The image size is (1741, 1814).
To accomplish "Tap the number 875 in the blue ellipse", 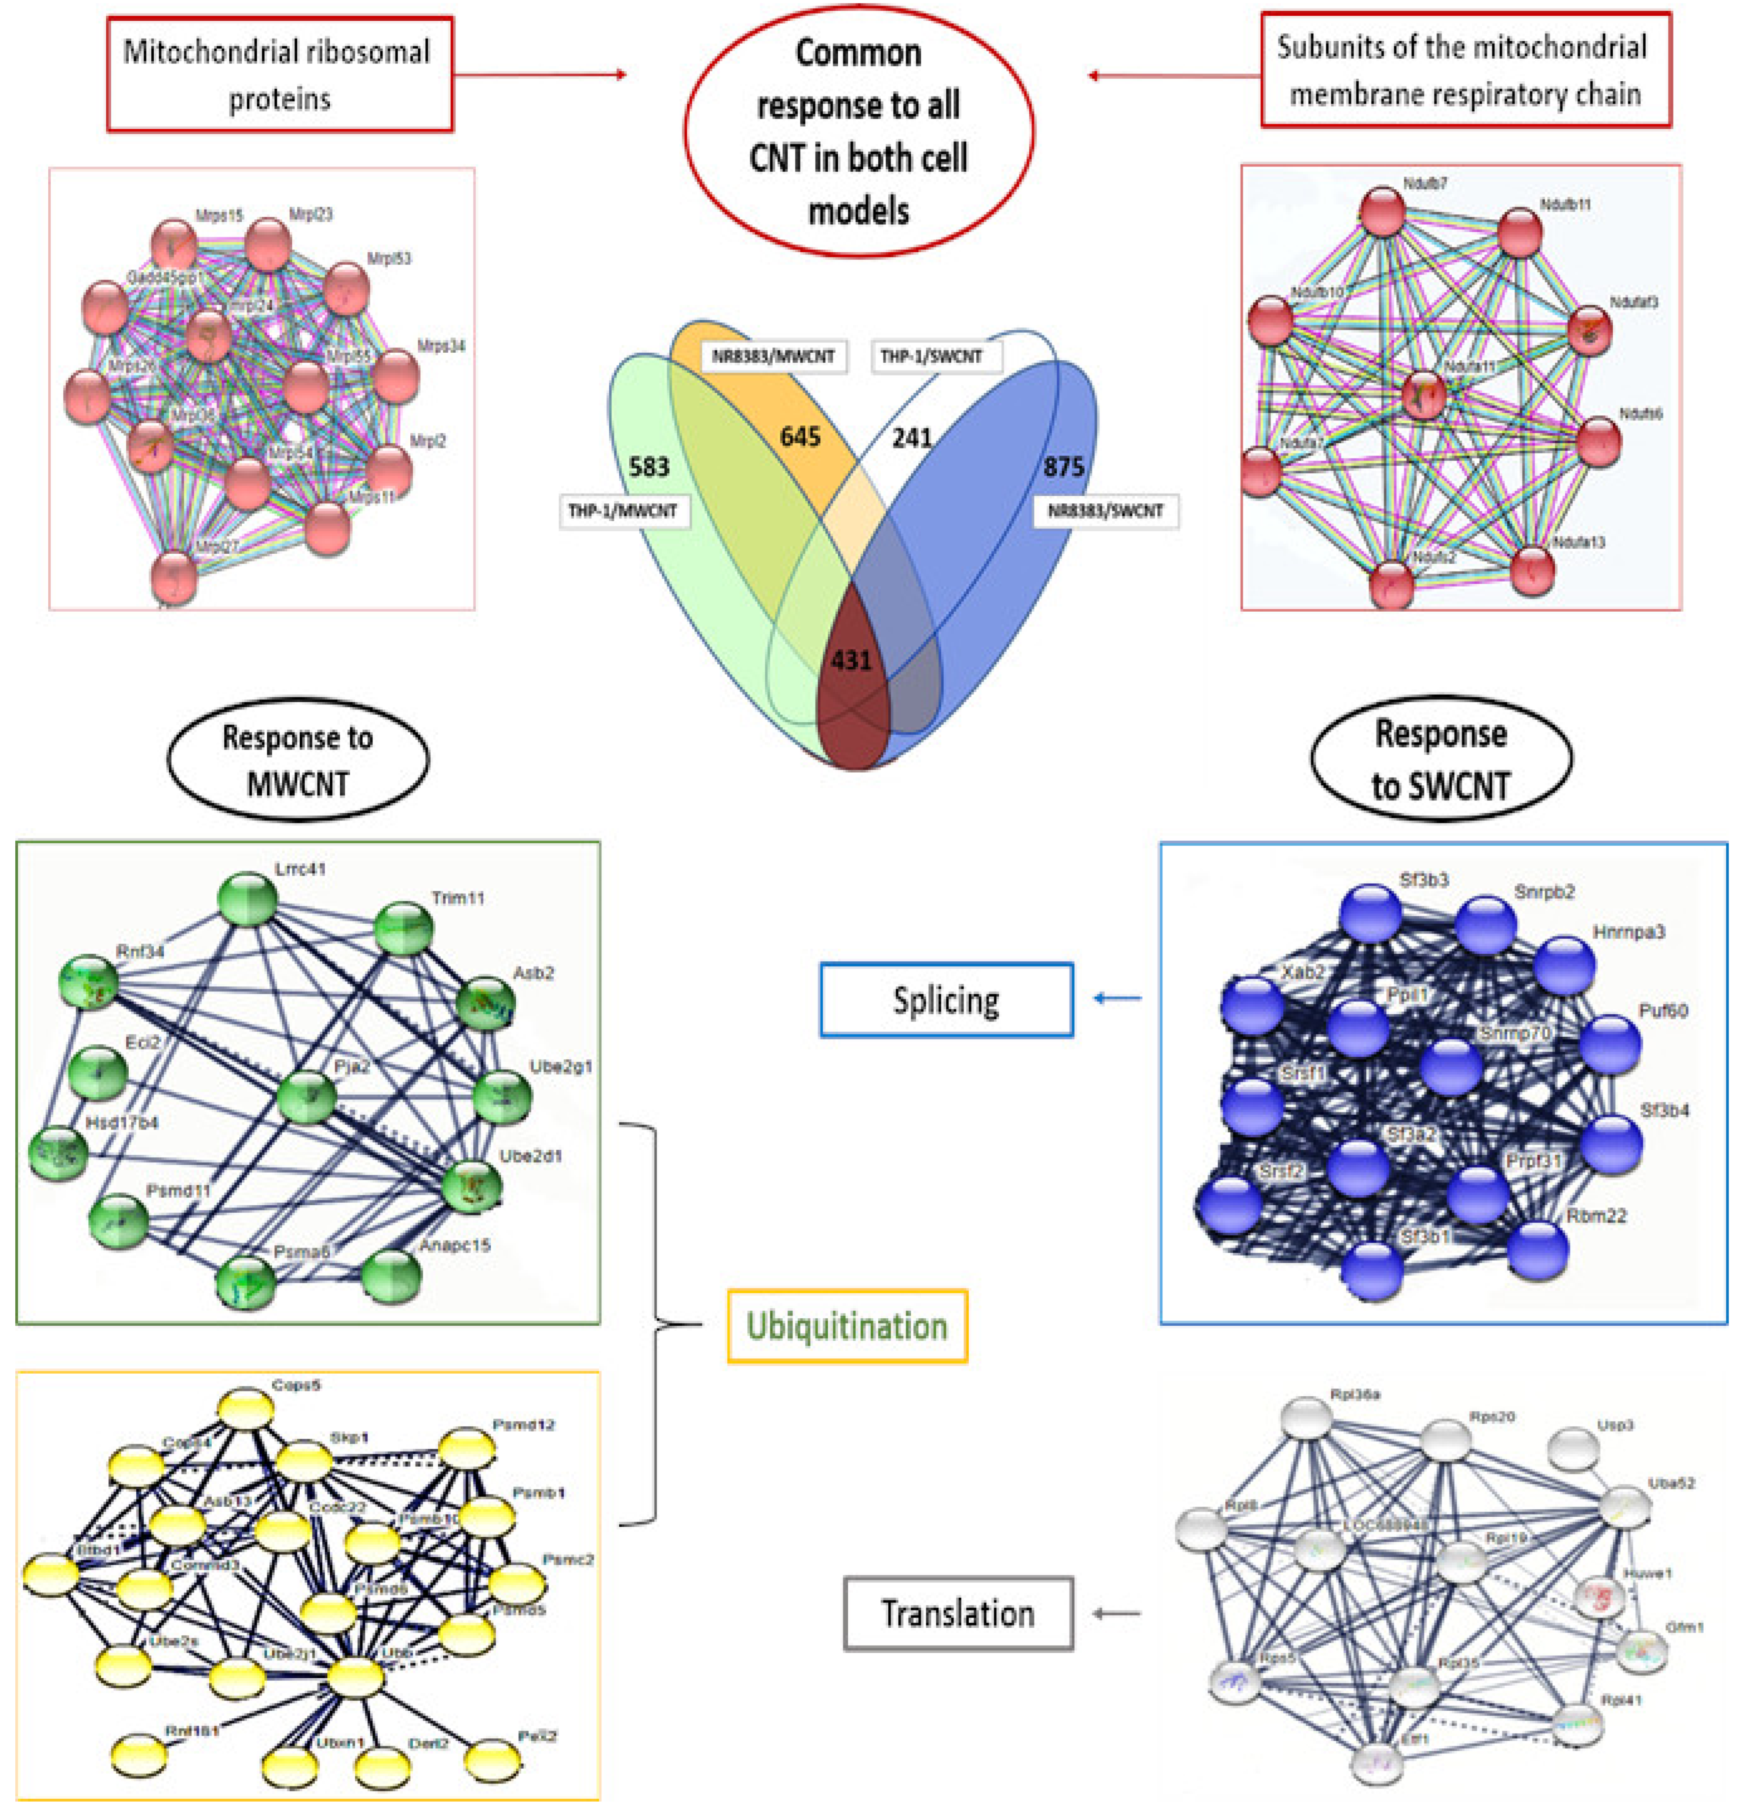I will click(1063, 467).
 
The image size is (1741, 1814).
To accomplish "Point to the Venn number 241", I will click(912, 437).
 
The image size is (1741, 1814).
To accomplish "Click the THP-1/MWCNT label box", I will click(623, 511).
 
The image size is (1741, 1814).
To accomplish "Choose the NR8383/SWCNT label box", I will click(1105, 511).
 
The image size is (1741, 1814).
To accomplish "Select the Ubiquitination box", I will click(847, 1325).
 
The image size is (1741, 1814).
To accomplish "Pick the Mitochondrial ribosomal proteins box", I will click(279, 74).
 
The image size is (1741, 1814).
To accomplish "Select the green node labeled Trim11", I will click(403, 928).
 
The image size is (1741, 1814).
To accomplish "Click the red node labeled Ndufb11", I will click(1519, 233).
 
